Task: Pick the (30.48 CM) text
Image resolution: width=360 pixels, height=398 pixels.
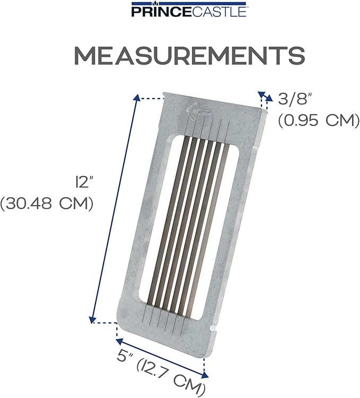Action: pos(47,205)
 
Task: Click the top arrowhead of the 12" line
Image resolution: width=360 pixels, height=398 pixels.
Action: pos(137,98)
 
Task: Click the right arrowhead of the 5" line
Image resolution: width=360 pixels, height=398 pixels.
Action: pos(204,374)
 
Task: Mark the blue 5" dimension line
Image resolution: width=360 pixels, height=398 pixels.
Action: pos(162,358)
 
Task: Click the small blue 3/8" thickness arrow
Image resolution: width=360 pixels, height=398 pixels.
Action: pos(262,97)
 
